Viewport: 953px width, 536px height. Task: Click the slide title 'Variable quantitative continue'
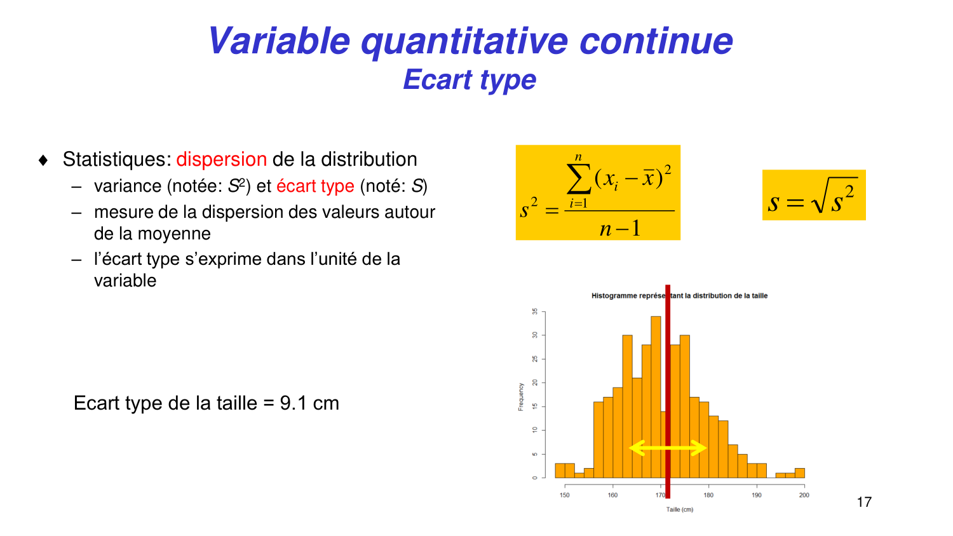click(471, 41)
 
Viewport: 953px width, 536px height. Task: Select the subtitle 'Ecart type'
click(470, 79)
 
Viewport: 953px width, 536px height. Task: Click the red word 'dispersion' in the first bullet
click(222, 159)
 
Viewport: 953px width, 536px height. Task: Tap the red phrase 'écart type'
click(315, 186)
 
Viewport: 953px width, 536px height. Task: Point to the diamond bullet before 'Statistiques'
click(43, 161)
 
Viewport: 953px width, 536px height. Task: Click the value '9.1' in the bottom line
click(293, 403)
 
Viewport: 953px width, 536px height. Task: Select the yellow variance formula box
click(598, 192)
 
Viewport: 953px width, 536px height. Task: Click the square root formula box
click(814, 195)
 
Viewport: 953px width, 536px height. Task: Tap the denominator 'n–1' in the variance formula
click(620, 229)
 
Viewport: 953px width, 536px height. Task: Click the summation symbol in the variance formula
click(579, 178)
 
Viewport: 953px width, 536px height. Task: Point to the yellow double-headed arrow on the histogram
click(668, 448)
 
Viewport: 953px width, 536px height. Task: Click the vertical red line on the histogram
click(668, 391)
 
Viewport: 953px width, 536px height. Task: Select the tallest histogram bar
click(656, 397)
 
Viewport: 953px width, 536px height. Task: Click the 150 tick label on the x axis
click(565, 495)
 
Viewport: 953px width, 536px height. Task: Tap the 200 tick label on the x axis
click(804, 495)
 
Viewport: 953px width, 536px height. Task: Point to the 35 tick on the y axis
click(535, 312)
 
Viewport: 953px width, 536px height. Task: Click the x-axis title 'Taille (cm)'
click(679, 509)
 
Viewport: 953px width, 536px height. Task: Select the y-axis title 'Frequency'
click(521, 397)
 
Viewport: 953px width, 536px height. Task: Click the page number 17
click(864, 502)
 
